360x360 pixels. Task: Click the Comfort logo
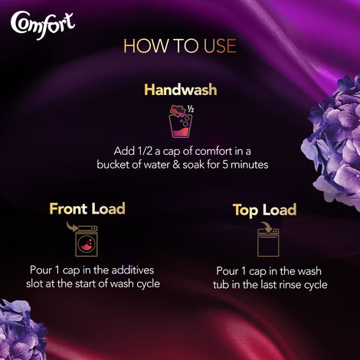[43, 22]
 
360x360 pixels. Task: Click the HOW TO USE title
[179, 46]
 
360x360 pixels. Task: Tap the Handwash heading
[180, 90]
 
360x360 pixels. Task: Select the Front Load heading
[87, 208]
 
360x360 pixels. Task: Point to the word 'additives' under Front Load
[151, 270]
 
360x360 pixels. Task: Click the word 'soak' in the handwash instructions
[198, 165]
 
